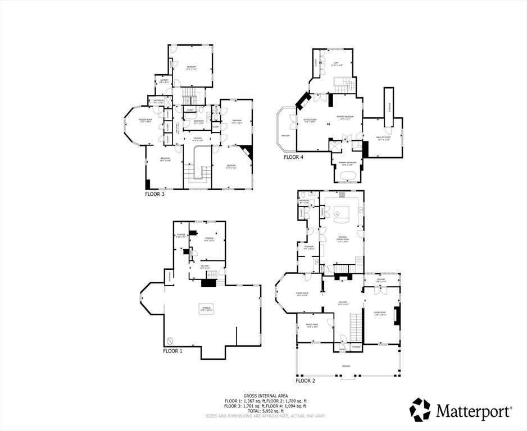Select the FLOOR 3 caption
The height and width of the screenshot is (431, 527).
click(156, 193)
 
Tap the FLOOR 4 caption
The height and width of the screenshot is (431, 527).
click(293, 157)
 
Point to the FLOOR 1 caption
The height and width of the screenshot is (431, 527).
click(172, 351)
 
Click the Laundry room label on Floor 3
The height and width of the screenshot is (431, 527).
click(164, 81)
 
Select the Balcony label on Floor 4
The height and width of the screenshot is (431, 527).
click(286, 135)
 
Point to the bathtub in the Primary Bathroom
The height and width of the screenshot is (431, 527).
click(348, 175)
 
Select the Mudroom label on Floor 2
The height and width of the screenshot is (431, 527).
click(310, 246)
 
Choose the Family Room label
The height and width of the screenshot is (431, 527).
click(312, 326)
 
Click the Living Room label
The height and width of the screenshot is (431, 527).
click(379, 313)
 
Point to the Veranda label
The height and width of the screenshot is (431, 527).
click(346, 366)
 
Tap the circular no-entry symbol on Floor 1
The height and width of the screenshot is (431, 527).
click(171, 340)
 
